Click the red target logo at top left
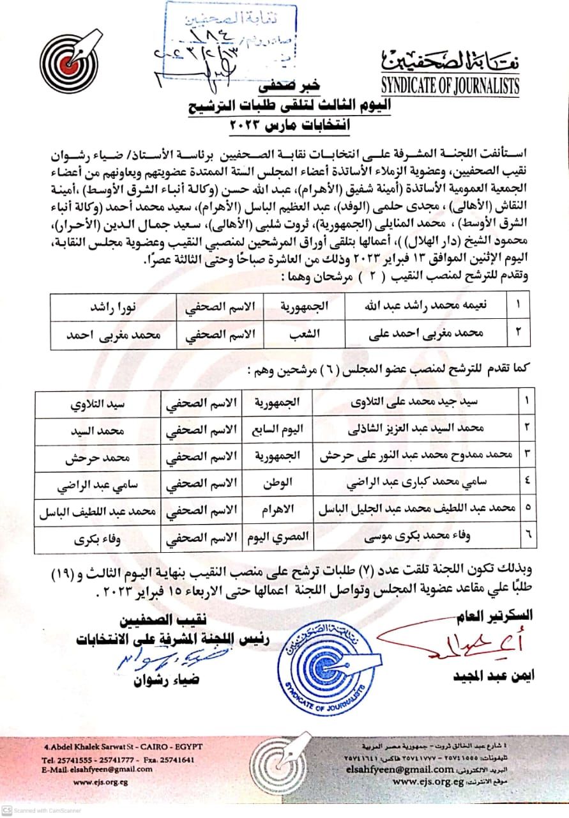pos(70,62)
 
